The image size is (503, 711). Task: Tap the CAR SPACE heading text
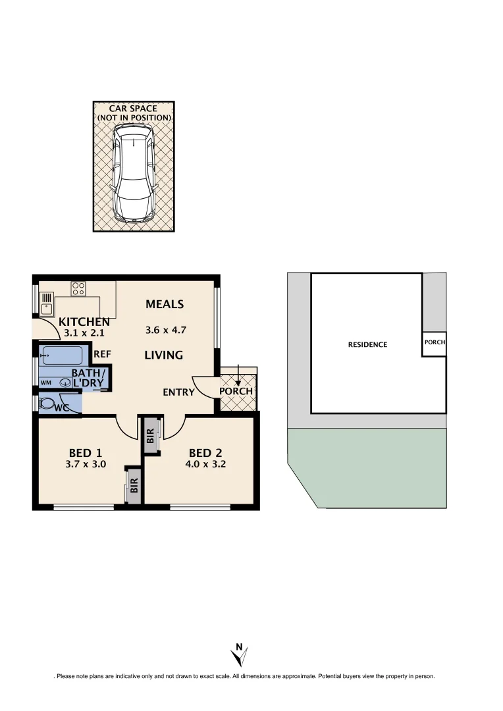[x=134, y=108]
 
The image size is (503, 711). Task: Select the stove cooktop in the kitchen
[x=78, y=288]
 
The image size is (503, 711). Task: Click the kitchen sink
[x=47, y=305]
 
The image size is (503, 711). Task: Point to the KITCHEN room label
[x=84, y=322]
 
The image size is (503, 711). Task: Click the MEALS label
[x=165, y=304]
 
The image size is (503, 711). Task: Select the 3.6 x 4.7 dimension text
[x=165, y=330]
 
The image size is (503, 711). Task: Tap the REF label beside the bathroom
[x=102, y=354]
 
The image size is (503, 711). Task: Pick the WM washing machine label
[x=46, y=382]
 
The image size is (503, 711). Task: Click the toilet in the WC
[x=47, y=404]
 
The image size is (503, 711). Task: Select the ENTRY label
[x=179, y=392]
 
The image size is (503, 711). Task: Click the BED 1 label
[x=86, y=453]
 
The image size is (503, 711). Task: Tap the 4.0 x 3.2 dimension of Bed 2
[x=205, y=464]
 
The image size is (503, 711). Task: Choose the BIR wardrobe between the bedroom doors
[x=151, y=435]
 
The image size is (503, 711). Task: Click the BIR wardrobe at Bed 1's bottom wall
[x=134, y=487]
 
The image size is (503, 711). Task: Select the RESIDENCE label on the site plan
[x=367, y=345]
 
